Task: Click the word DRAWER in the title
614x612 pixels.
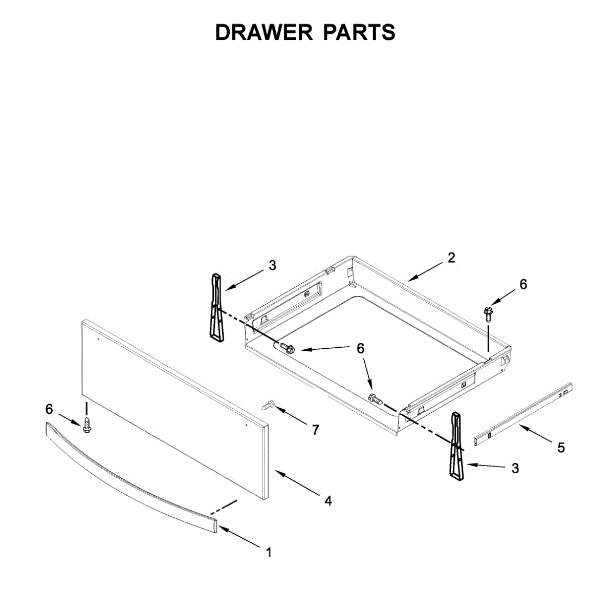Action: (x=264, y=32)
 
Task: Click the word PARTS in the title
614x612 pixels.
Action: (x=359, y=32)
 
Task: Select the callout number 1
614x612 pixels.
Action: (x=268, y=553)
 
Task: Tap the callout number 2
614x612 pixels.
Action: (x=451, y=258)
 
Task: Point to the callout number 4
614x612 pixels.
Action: (x=328, y=500)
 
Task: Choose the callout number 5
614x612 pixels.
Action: (x=561, y=448)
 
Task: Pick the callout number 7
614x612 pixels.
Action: (x=315, y=430)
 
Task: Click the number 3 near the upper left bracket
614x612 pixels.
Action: (x=272, y=265)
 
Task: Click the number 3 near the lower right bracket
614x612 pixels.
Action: (x=515, y=468)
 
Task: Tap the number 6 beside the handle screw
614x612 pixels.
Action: (x=49, y=409)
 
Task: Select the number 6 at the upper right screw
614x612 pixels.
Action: (x=523, y=284)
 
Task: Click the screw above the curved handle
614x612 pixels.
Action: (x=87, y=425)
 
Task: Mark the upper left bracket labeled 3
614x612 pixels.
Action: (x=216, y=307)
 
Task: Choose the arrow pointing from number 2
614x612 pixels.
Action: (x=425, y=271)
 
